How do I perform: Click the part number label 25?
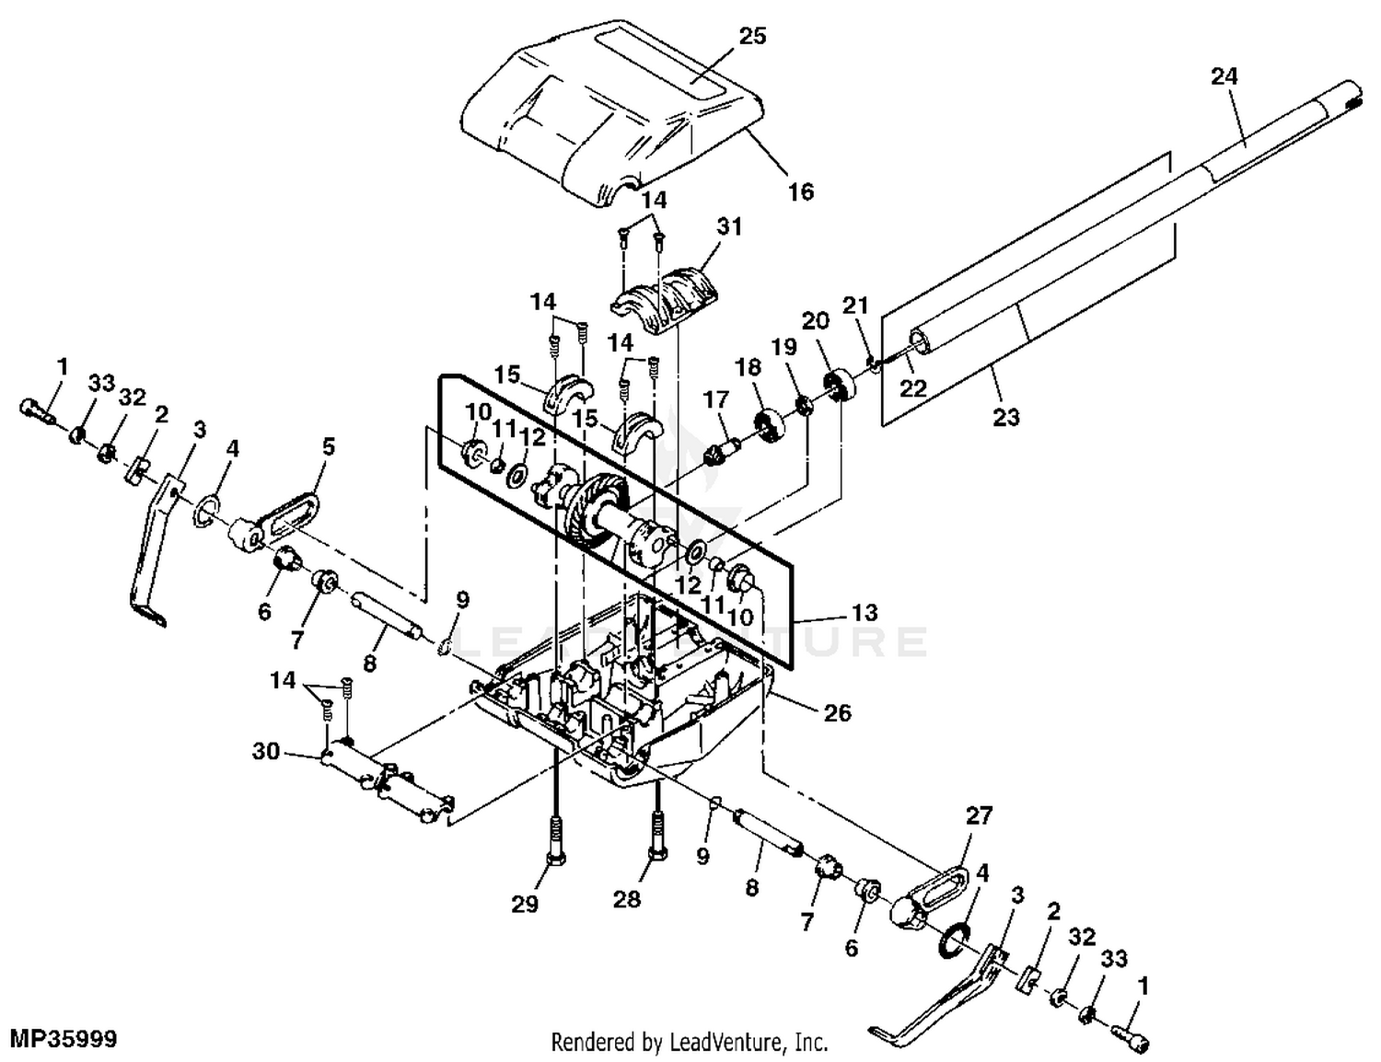click(x=752, y=36)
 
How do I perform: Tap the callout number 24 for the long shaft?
click(x=1224, y=77)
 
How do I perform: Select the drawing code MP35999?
click(x=60, y=1040)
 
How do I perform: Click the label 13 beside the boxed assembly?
click(x=864, y=613)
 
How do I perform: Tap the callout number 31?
click(x=728, y=225)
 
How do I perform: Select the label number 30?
click(x=266, y=752)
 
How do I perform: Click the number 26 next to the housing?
click(x=837, y=712)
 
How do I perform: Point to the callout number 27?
click(x=980, y=815)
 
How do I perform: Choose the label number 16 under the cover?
click(x=801, y=191)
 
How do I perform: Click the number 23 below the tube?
click(x=1006, y=417)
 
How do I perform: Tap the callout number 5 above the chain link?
click(x=329, y=447)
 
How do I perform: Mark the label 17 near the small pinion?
click(x=715, y=399)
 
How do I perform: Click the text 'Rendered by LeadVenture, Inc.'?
click(x=690, y=1043)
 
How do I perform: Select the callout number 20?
click(x=816, y=321)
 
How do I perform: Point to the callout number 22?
click(x=912, y=388)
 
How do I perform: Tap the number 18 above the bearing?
click(x=749, y=368)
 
